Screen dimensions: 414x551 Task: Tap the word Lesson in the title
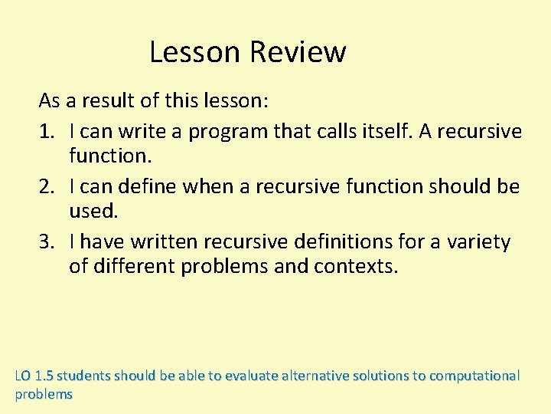[x=196, y=52]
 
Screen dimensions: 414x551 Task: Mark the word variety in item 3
[x=478, y=242]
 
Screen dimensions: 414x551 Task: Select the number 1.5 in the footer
[x=44, y=376]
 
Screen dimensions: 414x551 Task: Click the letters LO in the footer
[x=23, y=376]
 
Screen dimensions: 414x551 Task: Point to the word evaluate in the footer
[x=248, y=376]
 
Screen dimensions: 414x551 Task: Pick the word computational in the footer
[x=474, y=376]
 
